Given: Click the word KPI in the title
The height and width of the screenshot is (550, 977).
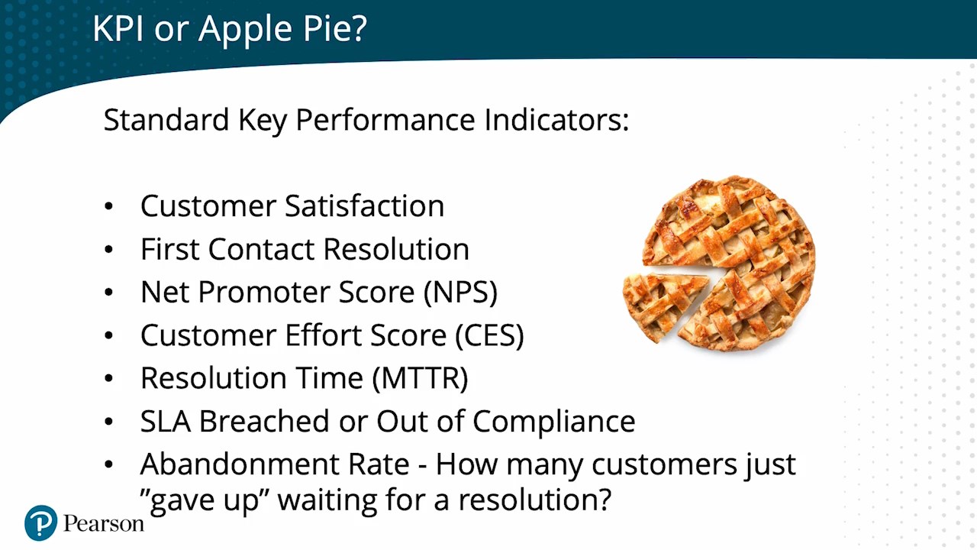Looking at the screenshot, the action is pyautogui.click(x=118, y=28).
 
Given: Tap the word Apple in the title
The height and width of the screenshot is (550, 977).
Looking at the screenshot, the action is pyautogui.click(x=245, y=31).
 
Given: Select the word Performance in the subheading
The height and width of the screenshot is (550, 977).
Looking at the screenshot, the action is pyautogui.click(x=385, y=120).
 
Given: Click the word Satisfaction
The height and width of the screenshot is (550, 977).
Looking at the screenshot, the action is pyautogui.click(x=365, y=205).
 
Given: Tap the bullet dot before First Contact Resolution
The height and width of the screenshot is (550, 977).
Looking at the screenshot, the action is pyautogui.click(x=108, y=249).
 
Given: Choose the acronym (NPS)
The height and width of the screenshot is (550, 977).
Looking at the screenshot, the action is pyautogui.click(x=460, y=292).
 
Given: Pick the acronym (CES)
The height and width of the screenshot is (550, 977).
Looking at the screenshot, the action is pyautogui.click(x=489, y=335).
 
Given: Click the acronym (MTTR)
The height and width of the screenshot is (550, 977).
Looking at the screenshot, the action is pyautogui.click(x=420, y=378).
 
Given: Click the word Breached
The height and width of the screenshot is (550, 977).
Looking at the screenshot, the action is pyautogui.click(x=264, y=421).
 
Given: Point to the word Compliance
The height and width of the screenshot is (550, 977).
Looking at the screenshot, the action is pyautogui.click(x=554, y=422).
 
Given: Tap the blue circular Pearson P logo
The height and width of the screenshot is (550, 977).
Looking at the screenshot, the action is pyautogui.click(x=40, y=523).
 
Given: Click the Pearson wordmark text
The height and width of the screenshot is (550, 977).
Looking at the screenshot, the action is pyautogui.click(x=103, y=523).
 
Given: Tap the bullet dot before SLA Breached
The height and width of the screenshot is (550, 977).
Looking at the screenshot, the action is pyautogui.click(x=108, y=422).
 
